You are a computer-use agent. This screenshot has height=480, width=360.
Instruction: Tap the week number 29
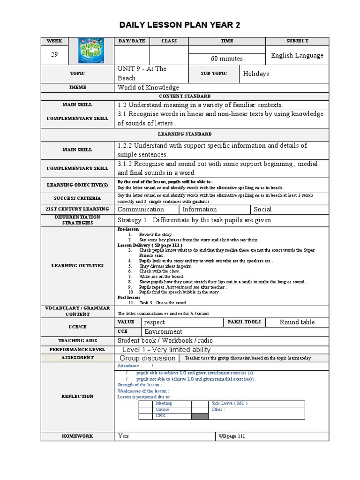(54, 55)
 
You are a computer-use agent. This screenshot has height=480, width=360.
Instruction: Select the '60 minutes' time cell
(227, 59)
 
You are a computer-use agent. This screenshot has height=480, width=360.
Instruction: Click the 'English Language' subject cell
(297, 55)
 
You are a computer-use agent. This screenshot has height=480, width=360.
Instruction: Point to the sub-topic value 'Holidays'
(256, 74)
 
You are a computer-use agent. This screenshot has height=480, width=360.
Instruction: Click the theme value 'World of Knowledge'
(148, 88)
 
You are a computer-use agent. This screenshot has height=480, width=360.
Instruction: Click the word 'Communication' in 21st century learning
(141, 210)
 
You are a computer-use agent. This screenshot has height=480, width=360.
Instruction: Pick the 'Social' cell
(262, 210)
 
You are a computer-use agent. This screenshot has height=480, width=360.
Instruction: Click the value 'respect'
(154, 322)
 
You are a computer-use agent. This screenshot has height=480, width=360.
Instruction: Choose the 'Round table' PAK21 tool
(297, 322)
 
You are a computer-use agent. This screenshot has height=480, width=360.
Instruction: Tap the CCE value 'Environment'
(163, 331)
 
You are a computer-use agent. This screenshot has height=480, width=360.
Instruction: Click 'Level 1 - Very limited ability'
(166, 350)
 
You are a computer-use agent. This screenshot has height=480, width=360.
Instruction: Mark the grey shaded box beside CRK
(200, 416)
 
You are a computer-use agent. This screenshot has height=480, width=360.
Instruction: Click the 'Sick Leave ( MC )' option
(230, 403)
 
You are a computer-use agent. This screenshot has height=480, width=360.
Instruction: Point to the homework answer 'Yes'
(123, 436)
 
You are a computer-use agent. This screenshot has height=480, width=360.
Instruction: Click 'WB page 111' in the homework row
(232, 436)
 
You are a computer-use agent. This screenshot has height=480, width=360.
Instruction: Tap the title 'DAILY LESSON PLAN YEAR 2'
(180, 25)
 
